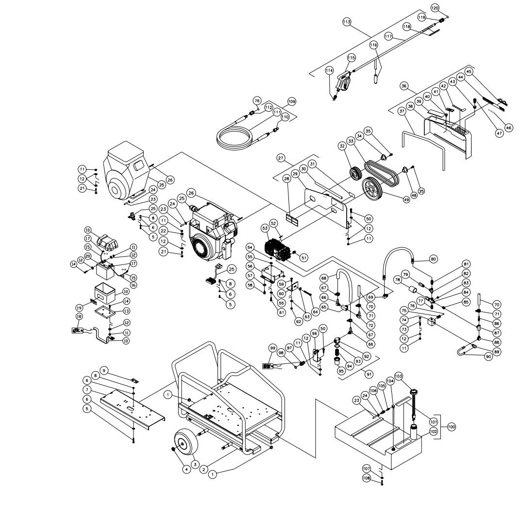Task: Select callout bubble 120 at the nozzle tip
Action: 435,8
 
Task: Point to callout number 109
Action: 291,101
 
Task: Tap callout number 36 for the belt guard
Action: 404,86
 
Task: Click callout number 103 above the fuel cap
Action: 399,376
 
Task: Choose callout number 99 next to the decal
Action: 273,348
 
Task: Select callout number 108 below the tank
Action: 368,478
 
